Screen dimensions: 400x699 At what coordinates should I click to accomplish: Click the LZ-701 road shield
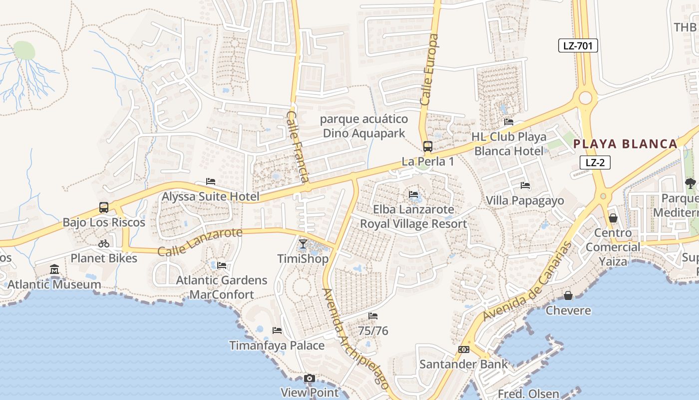coord(578,46)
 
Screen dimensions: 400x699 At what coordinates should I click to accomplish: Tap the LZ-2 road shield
coord(595,162)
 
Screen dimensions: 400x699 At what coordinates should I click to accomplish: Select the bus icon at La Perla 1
coord(428,146)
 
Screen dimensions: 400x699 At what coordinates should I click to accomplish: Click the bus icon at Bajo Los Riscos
coord(104,207)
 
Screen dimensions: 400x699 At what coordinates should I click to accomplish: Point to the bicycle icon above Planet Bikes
coord(104,243)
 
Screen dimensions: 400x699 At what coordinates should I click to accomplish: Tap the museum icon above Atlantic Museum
coord(54,270)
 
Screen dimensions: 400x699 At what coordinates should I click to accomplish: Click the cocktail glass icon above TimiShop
coord(303,244)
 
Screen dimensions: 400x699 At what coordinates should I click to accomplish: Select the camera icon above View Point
coord(310,378)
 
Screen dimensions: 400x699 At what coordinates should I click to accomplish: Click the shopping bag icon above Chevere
coord(568,295)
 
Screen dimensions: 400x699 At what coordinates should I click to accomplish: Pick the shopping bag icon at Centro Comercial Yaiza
coord(613,218)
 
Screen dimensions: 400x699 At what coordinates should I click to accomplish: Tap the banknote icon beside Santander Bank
coord(463,349)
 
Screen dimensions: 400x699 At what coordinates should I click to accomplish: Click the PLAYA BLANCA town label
coord(625,144)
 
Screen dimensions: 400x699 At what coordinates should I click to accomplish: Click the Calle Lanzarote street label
coord(200,242)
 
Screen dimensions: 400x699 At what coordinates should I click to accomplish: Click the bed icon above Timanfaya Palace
coord(277,330)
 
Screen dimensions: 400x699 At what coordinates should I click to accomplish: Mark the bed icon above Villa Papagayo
coord(525,185)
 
